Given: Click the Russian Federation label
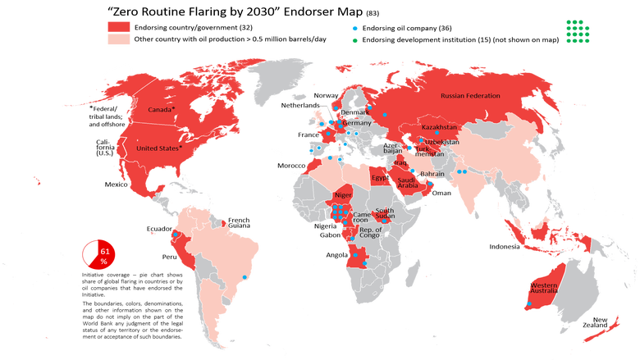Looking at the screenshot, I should pos(470,96).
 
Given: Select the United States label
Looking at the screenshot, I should pos(158,148).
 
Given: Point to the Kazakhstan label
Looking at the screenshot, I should pos(439,128).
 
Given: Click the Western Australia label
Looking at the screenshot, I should pos(543,288).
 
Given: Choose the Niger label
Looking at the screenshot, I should pos(343,195).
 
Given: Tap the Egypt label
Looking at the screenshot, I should pos(379,177).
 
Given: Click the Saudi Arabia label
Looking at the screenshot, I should pos(408,183).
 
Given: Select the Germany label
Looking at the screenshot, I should pos(357,123).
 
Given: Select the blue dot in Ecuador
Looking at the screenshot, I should pos(176,235).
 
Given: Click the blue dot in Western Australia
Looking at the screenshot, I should pos(529,305).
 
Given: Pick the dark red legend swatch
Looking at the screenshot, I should pos(119,25).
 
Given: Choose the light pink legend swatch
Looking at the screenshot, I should pos(119,39).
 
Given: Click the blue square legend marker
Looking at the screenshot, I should pos(354,27).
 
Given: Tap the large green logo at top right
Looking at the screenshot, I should pos(578,30).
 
